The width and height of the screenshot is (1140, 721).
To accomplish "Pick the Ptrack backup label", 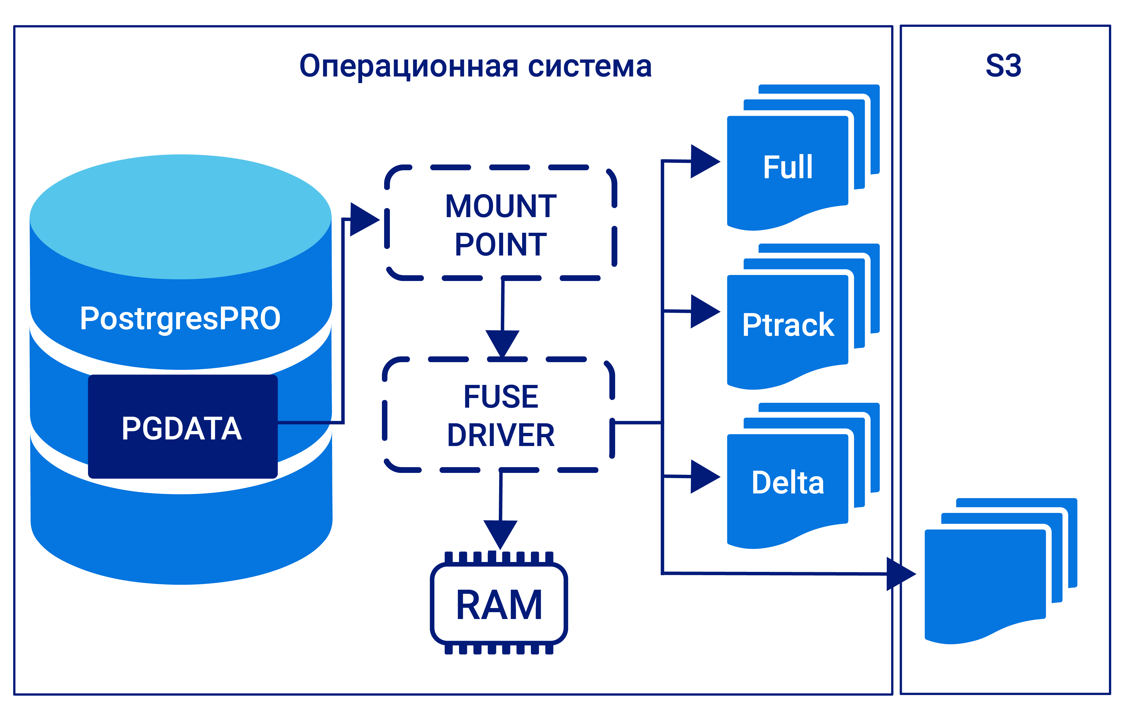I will [x=788, y=325].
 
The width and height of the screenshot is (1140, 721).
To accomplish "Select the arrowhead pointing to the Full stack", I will [x=704, y=161].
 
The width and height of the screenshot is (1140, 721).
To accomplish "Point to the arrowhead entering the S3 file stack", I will [x=899, y=574].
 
